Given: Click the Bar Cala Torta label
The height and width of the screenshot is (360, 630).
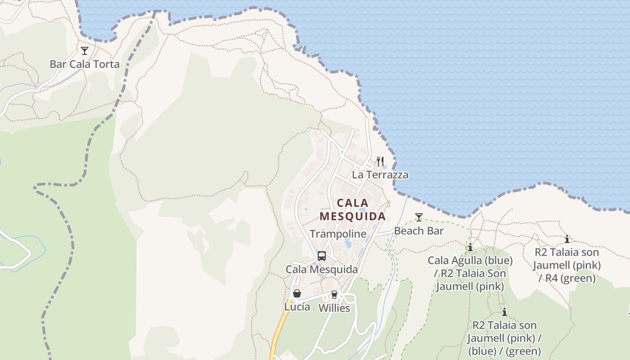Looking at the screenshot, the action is coord(85,64).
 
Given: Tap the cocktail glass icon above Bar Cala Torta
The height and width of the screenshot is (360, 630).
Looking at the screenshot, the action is coord(85,51).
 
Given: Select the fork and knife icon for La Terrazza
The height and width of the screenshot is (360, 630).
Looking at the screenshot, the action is coord(380,161).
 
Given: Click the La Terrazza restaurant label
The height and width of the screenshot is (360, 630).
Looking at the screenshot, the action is coord(380,175).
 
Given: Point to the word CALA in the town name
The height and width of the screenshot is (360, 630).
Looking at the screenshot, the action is coord(353,203).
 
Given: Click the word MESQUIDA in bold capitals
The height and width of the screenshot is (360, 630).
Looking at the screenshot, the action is coord(353,216).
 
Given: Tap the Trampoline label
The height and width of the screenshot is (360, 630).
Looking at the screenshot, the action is coord(338,234).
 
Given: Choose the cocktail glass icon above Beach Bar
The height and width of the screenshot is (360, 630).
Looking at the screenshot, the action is coord(419,218).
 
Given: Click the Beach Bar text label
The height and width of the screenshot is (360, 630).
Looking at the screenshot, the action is coord(419,231).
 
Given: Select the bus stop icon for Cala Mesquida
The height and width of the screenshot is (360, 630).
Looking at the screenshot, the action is coord(321,256).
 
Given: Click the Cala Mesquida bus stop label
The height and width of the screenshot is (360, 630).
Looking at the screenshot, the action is coord(322,270).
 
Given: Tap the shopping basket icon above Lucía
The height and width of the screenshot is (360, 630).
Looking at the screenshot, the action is coord(297,294).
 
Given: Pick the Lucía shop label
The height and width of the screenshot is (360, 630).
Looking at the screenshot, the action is coord(297,307).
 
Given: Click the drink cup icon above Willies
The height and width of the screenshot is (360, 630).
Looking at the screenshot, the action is coord(334,295).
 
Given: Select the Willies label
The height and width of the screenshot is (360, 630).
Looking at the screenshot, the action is coord(334,308).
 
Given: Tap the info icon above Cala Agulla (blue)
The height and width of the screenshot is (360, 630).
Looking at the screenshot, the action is coord(470,247).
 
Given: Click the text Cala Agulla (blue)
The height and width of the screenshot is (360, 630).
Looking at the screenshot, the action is coord(470,261).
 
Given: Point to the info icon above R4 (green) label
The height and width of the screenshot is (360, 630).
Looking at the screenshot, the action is coord(567,239).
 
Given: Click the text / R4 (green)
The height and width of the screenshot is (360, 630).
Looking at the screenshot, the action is coord(567,279).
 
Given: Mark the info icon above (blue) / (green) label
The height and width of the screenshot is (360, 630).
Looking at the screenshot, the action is coord(504,312).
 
